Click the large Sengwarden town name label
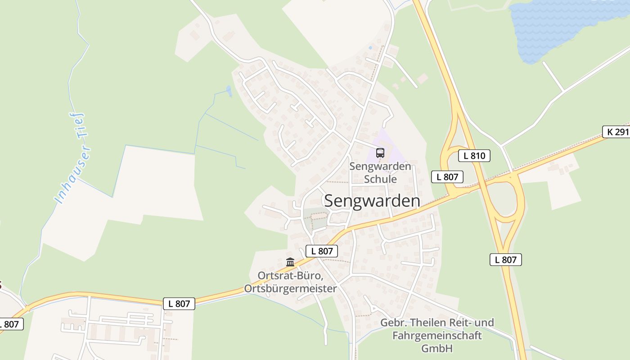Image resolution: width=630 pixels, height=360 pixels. (x=372, y=201)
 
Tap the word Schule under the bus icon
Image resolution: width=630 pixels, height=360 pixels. (x=380, y=179)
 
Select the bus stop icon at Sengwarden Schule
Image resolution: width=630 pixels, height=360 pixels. (x=380, y=153)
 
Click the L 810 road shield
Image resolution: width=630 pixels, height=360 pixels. (x=474, y=156)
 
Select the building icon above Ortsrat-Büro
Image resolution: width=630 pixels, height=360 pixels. (x=290, y=262)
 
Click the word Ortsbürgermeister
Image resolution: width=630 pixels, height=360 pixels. (x=290, y=288)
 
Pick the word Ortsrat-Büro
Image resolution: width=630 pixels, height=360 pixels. (x=290, y=275)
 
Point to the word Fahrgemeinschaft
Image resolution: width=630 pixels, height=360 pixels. (x=437, y=336)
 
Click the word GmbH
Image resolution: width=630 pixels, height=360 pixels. (x=437, y=348)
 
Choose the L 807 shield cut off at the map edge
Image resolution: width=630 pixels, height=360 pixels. (x=10, y=324)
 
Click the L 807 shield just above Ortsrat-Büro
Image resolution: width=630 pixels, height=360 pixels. (x=321, y=251)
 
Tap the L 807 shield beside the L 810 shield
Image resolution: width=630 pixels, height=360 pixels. (x=447, y=177)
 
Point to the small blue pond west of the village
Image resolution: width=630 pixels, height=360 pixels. (x=229, y=91)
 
